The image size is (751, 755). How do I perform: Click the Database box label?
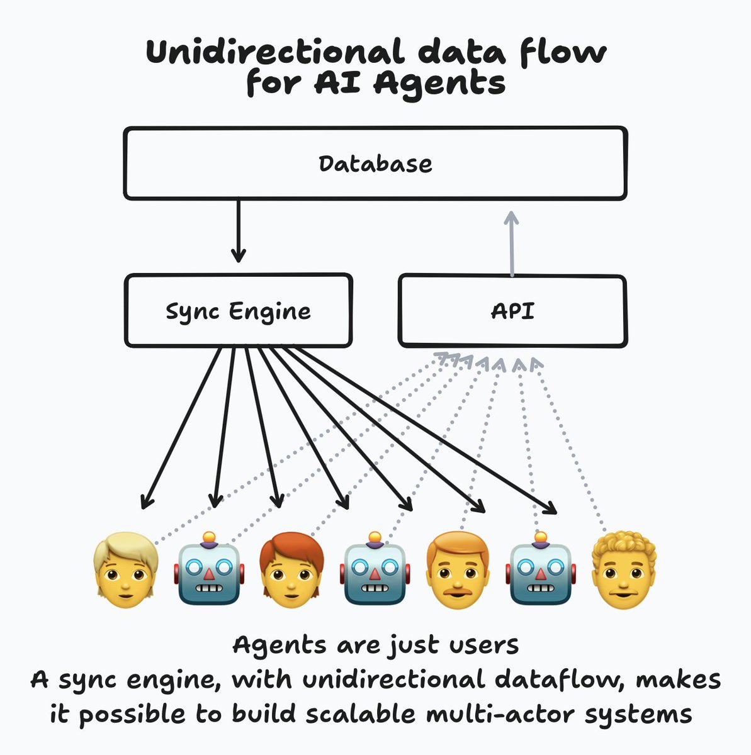375,164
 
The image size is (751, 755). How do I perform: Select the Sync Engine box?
238,311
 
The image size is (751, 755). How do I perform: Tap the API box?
512,311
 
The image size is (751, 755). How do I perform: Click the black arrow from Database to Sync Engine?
238,230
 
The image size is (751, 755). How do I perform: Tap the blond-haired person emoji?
125,570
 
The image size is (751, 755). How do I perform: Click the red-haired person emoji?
291,570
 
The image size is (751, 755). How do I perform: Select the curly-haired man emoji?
624,570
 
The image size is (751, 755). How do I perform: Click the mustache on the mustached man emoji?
458,591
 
